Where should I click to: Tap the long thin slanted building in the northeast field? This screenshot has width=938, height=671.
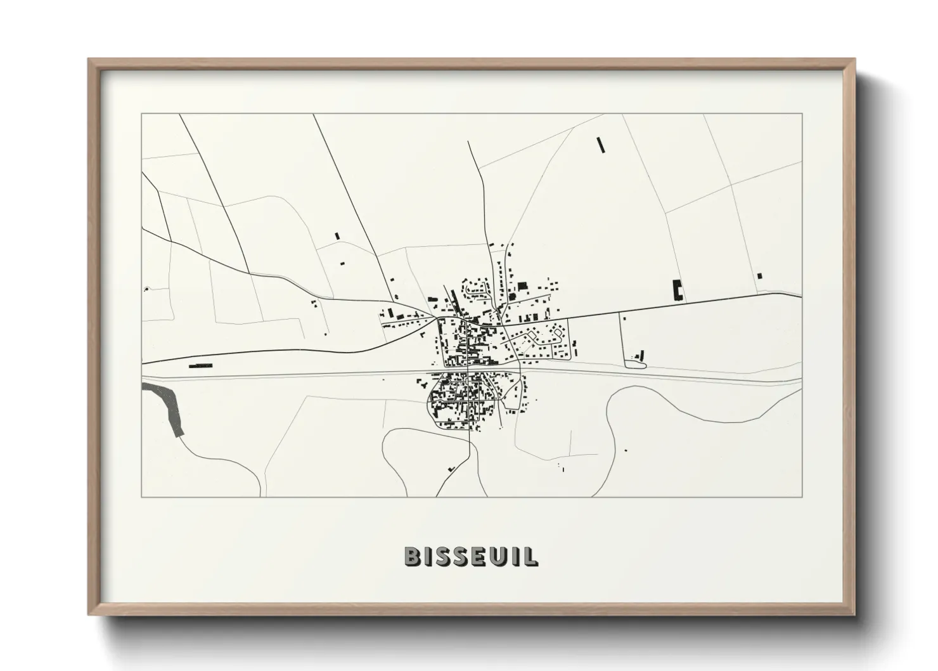coord(601,145)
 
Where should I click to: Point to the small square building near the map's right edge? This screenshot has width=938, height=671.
coord(759,275)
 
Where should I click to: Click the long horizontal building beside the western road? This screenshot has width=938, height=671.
coord(200,365)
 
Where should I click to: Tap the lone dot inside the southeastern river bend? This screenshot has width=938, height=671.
coord(626,450)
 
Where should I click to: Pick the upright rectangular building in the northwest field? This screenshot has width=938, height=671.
coord(337,236)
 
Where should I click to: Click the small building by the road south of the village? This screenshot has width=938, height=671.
coord(452,468)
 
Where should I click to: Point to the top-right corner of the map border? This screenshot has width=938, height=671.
coord(802,114)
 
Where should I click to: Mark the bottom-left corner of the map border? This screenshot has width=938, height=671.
coord(142,497)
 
